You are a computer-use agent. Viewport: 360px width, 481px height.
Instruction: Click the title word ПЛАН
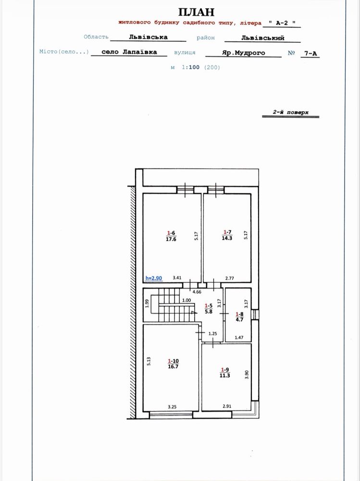[x=196, y=12]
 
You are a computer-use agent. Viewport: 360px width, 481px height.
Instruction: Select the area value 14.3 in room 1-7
[x=227, y=238]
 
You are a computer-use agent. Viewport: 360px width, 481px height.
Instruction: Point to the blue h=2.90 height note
[x=154, y=278]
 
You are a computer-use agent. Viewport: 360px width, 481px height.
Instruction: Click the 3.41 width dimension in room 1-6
[x=177, y=278]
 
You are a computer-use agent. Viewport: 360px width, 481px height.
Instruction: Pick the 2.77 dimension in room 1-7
[x=230, y=278]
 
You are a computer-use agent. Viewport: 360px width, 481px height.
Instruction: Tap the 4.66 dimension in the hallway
[x=197, y=292]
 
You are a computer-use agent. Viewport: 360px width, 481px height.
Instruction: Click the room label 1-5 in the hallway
[x=209, y=305]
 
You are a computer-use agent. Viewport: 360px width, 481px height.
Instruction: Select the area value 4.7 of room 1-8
[x=239, y=319]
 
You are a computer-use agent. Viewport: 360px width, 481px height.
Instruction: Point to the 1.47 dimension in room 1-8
[x=239, y=338]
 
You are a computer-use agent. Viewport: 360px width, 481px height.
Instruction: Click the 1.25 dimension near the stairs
[x=212, y=333]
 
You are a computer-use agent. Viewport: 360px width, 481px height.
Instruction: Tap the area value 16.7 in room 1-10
[x=173, y=366]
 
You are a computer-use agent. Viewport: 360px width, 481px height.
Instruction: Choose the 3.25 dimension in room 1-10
[x=172, y=407]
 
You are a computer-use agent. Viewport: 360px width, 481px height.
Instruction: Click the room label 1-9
[x=225, y=370]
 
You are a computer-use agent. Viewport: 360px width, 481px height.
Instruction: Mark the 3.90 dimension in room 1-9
[x=247, y=375]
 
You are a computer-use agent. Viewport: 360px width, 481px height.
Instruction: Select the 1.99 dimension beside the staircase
[x=147, y=304]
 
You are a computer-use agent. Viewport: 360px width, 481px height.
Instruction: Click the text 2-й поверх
[x=291, y=112]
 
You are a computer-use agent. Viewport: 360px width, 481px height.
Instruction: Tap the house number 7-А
[x=310, y=53]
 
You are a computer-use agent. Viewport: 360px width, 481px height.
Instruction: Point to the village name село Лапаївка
[x=129, y=52]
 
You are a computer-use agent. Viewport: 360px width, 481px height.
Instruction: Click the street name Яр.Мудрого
[x=244, y=53]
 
